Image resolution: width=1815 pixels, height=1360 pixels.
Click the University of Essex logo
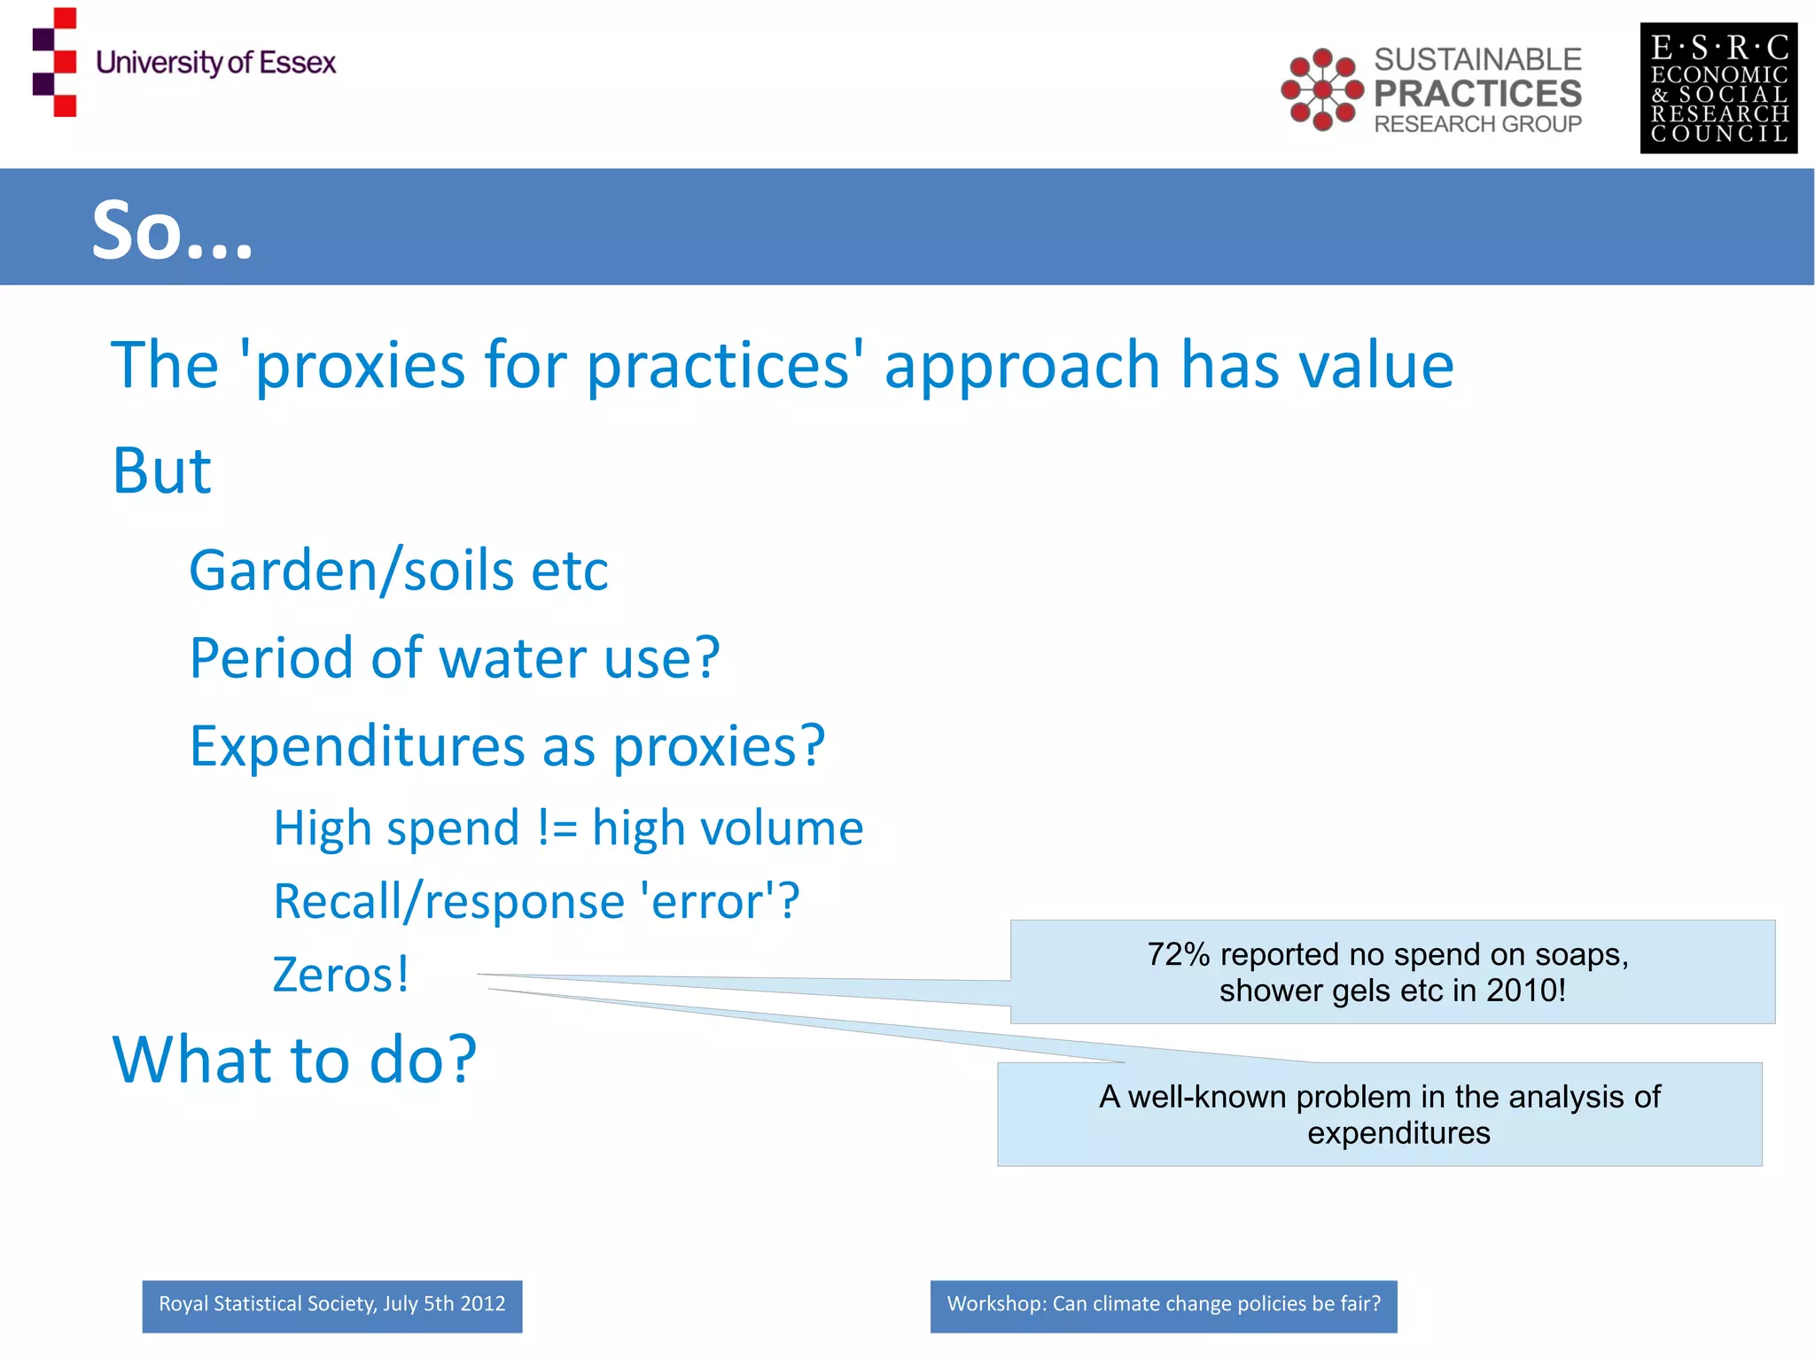(184, 62)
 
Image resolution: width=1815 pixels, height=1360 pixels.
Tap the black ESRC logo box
(1718, 89)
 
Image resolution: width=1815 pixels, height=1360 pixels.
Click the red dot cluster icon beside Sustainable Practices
(1321, 89)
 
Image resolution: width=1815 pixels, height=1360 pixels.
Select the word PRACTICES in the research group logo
(1477, 93)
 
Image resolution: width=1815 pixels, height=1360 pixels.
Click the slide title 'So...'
(173, 229)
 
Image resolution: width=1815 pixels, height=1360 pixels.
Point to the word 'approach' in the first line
(1022, 365)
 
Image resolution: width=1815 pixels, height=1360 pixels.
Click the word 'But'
(162, 470)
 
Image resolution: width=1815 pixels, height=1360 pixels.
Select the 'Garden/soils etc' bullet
(398, 570)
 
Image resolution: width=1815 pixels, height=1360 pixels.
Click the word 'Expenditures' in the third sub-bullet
(357, 746)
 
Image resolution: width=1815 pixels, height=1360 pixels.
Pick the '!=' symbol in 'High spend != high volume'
(557, 828)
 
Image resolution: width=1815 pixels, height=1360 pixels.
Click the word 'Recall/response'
(448, 902)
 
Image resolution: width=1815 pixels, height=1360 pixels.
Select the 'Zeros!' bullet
(341, 975)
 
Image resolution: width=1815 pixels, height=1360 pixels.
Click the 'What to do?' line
(294, 1060)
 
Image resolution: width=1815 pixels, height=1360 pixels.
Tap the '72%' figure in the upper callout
(1178, 954)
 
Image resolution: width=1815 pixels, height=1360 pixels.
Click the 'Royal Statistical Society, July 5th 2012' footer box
(331, 1305)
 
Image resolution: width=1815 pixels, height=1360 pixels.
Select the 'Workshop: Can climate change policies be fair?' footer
(1163, 1305)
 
